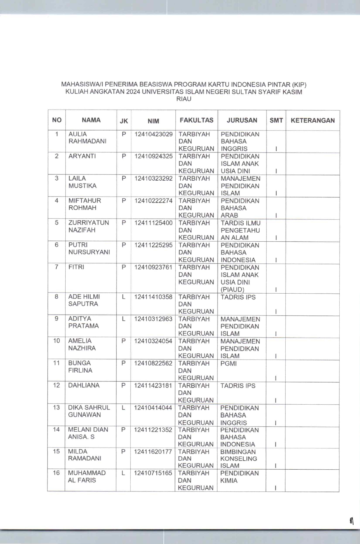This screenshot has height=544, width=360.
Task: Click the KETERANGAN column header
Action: point(313,121)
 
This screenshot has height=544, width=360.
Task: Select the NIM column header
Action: point(153,121)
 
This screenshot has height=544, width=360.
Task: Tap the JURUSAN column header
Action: point(242,120)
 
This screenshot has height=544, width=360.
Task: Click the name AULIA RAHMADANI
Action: point(87,138)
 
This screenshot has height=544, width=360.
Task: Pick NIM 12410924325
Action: point(153,156)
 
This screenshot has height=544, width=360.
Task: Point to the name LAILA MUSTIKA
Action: point(82,182)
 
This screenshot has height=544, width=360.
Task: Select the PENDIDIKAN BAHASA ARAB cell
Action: point(240,208)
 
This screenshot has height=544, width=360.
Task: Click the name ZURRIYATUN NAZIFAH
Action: point(89,226)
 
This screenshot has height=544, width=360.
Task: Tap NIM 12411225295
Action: point(153,245)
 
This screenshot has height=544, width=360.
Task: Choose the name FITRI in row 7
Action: point(76,267)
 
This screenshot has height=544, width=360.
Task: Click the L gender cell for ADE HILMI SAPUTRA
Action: point(124,297)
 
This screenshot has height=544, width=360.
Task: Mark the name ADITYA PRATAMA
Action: point(83,322)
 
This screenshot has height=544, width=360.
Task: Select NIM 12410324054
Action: point(153,341)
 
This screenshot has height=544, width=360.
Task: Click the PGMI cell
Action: point(228,363)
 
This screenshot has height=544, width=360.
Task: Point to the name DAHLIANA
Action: point(84,385)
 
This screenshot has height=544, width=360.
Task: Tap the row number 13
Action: point(56,407)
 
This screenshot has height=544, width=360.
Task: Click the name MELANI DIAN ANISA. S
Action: point(88,433)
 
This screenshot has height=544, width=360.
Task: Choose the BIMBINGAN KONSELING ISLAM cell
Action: point(238,459)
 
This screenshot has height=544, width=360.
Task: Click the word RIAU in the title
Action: point(184,99)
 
